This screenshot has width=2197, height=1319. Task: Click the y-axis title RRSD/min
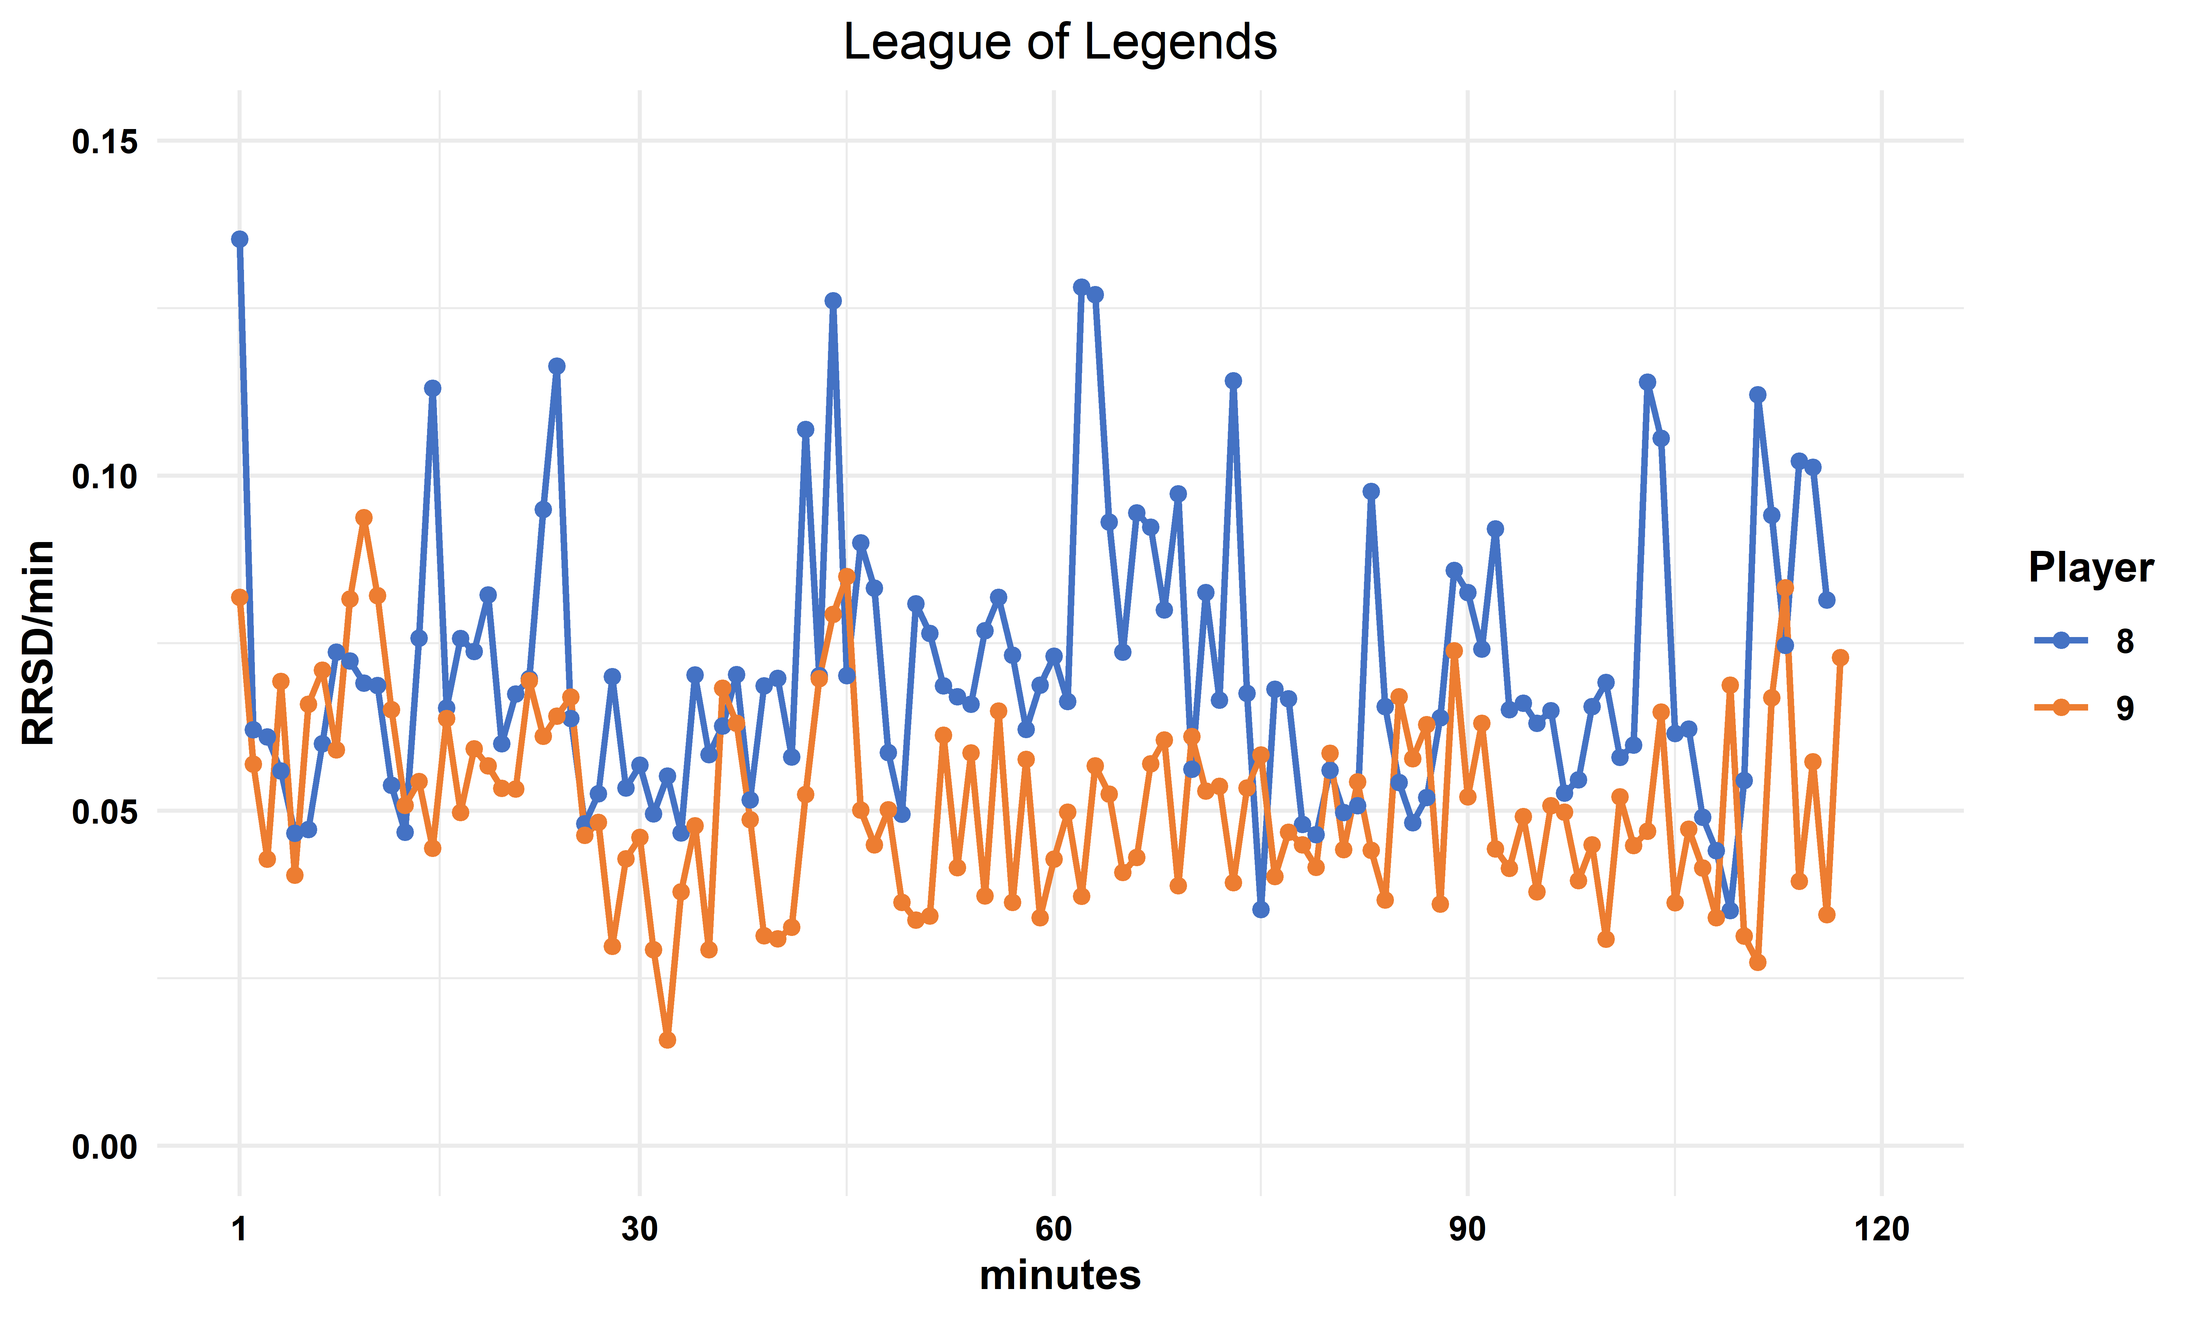click(x=39, y=642)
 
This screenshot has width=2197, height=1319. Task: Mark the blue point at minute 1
click(x=240, y=239)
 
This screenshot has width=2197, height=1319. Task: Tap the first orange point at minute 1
click(x=240, y=597)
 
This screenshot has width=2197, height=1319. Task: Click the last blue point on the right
click(x=1826, y=600)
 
